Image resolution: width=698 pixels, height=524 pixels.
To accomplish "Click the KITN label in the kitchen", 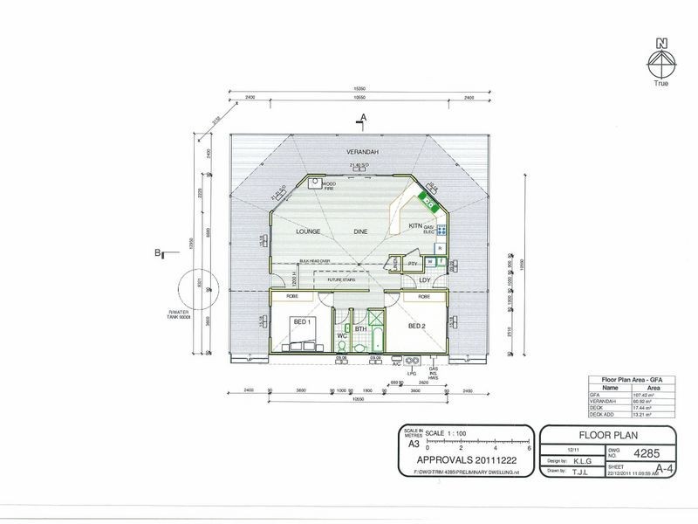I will tap(415, 226).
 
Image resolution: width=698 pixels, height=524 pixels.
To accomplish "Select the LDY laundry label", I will tap(425, 279).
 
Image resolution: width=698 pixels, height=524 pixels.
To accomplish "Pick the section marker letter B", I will tap(157, 254).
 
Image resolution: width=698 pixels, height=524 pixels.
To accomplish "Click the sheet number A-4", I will tap(670, 469).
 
